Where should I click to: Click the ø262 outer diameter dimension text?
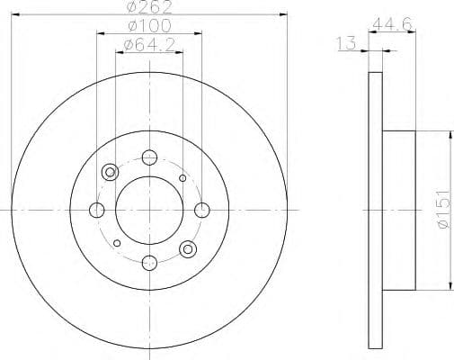[x=148, y=7]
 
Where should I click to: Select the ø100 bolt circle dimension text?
[x=148, y=25]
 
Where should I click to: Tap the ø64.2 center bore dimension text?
[x=148, y=42]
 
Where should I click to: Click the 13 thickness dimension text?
[x=345, y=42]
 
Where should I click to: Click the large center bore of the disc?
[x=148, y=210]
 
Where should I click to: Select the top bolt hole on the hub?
[x=148, y=158]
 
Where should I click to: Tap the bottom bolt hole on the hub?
[x=148, y=262]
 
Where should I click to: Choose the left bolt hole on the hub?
[x=97, y=210]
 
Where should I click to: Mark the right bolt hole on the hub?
[x=200, y=210]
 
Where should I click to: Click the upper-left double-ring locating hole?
[x=111, y=172]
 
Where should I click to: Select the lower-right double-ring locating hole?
[x=187, y=248]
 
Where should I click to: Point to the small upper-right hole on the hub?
[x=182, y=178]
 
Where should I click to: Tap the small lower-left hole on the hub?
[x=116, y=242]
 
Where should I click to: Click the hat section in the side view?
[x=399, y=210]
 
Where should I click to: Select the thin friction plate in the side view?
[x=376, y=210]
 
